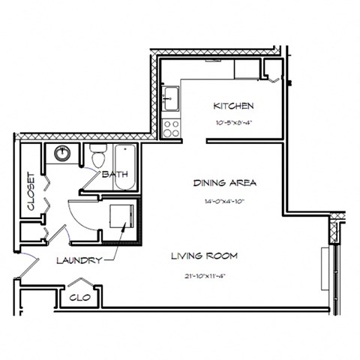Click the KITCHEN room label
click(233, 106)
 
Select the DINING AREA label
click(225, 182)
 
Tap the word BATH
click(115, 175)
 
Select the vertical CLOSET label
click(31, 190)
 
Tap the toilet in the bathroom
click(97, 157)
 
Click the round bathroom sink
click(63, 155)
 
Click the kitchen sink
click(170, 97)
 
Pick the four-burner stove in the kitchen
click(171, 127)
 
